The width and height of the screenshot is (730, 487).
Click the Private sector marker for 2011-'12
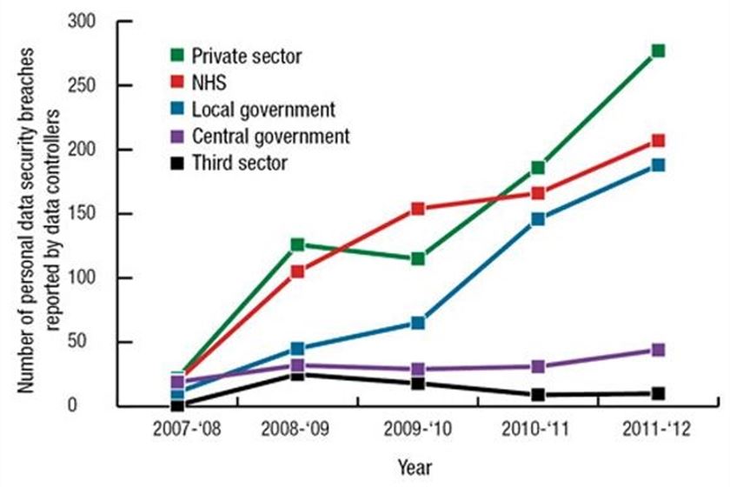pyautogui.click(x=658, y=51)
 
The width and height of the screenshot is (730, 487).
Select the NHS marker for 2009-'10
pyautogui.click(x=418, y=209)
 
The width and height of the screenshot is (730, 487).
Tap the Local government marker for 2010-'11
pyautogui.click(x=538, y=219)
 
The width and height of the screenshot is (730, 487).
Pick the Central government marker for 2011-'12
pyautogui.click(x=658, y=350)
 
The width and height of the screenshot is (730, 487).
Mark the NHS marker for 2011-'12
pyautogui.click(x=658, y=140)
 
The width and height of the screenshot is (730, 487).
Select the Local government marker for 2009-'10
pyautogui.click(x=418, y=323)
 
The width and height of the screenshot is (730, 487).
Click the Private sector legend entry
pyautogui.click(x=246, y=57)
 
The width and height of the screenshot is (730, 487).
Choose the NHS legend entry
pyautogui.click(x=209, y=83)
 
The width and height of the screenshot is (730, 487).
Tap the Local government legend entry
pyautogui.click(x=263, y=110)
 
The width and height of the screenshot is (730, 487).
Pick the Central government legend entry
pyautogui.click(x=270, y=136)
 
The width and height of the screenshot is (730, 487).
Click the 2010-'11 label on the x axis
pyautogui.click(x=538, y=429)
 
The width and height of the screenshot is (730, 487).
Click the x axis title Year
pyautogui.click(x=415, y=467)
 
